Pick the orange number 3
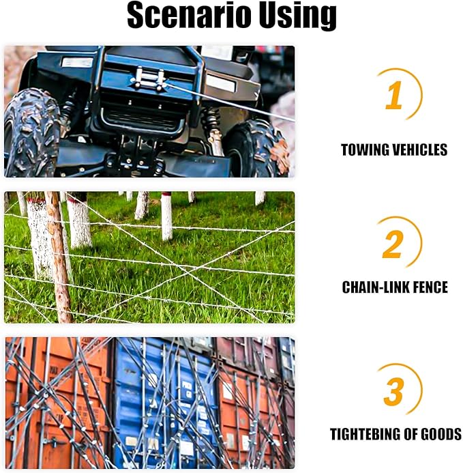point(393,392)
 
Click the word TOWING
point(365,150)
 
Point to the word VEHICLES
point(420,150)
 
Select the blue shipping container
point(162,403)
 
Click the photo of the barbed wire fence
point(150,257)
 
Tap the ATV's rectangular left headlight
point(76,63)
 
